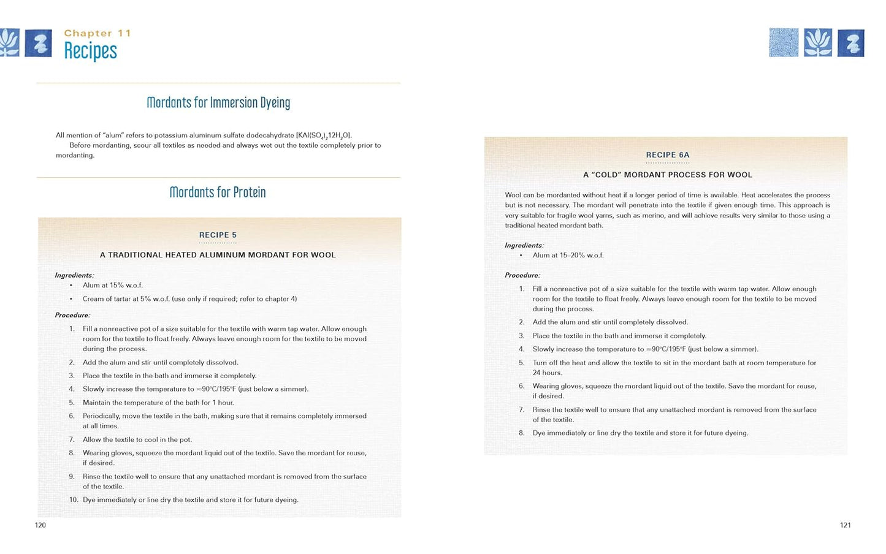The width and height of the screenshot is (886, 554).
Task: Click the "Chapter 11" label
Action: point(97,33)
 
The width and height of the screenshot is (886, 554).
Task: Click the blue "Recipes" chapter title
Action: point(90,51)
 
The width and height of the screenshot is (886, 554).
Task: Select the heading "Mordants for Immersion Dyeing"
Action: point(218,102)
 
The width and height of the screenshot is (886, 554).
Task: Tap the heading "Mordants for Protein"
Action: point(218,192)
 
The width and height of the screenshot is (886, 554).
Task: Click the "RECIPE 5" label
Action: point(218,235)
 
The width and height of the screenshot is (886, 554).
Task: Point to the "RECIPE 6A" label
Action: point(668,155)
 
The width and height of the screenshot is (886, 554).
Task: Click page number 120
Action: point(40,525)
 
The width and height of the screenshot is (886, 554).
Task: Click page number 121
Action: point(846,525)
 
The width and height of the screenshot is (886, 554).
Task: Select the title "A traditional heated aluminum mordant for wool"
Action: point(218,255)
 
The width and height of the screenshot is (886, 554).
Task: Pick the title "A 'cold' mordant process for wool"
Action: point(668,175)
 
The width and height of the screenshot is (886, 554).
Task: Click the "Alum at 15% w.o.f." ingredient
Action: point(113,286)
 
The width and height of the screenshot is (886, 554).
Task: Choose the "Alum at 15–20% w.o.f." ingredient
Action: point(568,256)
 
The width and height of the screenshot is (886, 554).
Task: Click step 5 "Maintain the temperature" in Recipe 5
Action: point(158,403)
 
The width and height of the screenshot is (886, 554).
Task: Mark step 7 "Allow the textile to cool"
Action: point(137,439)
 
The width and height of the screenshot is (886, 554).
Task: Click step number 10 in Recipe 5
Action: point(73,500)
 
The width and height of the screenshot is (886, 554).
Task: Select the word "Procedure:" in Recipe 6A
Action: point(522,276)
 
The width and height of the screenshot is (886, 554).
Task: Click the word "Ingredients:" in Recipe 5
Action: point(74,276)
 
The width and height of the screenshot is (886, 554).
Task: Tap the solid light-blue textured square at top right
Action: point(784,43)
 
